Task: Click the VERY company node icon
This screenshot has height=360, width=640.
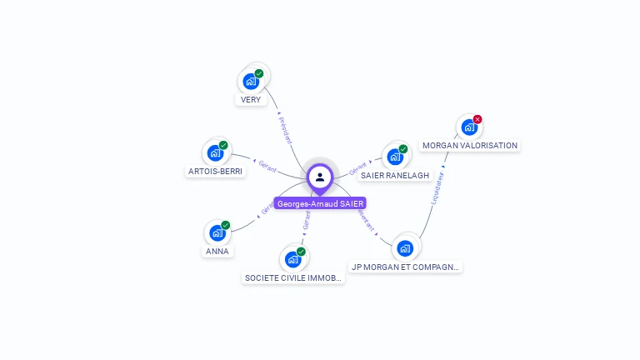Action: coord(250,82)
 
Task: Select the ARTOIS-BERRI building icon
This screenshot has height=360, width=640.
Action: coord(215,153)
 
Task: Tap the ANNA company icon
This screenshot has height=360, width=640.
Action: coord(217,232)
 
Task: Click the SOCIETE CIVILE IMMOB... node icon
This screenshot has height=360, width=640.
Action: coord(292,259)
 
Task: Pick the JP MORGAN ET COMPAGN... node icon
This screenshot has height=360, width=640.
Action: coord(405,247)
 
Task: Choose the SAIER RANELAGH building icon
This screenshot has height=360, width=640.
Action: coord(395,157)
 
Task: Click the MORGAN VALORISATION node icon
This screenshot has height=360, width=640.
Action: coord(468,127)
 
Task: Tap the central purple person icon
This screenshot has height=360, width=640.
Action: coord(320,177)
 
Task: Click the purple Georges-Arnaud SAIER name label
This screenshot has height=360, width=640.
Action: coord(321,203)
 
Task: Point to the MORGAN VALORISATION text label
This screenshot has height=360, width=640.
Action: coord(470,145)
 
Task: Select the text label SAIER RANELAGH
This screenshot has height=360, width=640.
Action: coord(395,175)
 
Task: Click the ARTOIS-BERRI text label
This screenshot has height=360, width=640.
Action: coord(215,172)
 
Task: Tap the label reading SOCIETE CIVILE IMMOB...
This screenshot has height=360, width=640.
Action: coord(293,277)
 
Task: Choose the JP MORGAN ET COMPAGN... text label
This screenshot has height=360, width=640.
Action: coord(406,267)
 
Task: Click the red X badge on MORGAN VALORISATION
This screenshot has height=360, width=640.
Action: coord(477,119)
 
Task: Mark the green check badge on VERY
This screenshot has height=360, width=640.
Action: coord(259,73)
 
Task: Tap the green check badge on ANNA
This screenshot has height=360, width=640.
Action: coord(225,225)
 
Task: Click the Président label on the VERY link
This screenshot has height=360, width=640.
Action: coord(284,129)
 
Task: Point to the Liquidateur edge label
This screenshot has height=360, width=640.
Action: coord(437,187)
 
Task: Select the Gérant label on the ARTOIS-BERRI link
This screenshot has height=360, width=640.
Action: coord(267,166)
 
